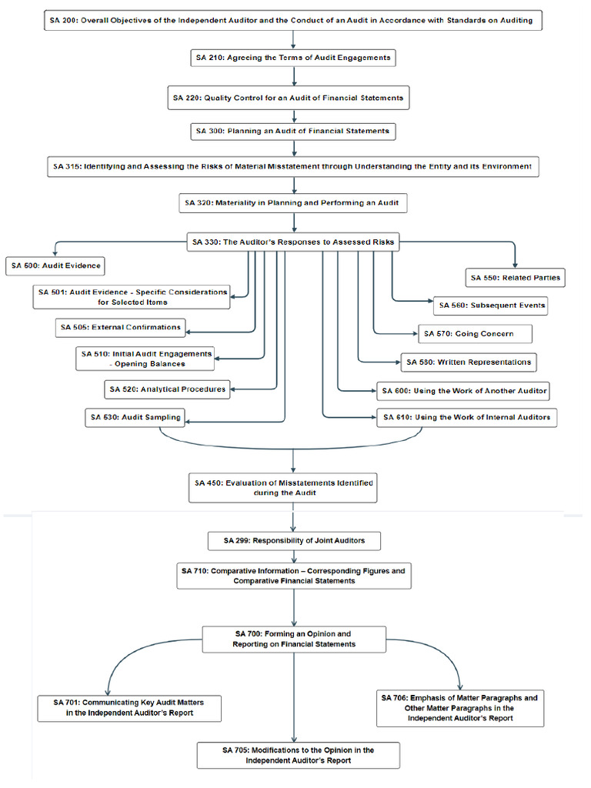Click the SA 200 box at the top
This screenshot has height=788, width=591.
point(292,20)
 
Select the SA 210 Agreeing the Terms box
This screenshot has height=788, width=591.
point(293,58)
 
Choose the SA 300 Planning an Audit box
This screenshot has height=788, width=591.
point(293,132)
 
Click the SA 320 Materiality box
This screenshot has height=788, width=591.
point(292,203)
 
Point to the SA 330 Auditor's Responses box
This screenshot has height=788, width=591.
point(292,242)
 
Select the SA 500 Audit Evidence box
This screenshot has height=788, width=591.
point(56,265)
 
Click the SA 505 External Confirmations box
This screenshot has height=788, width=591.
point(121,327)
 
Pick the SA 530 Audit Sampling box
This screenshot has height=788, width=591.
point(135,417)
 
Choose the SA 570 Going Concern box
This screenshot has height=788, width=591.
point(476,334)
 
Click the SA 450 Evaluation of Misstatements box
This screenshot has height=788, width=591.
point(282,488)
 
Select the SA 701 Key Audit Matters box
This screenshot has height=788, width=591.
point(129,708)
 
